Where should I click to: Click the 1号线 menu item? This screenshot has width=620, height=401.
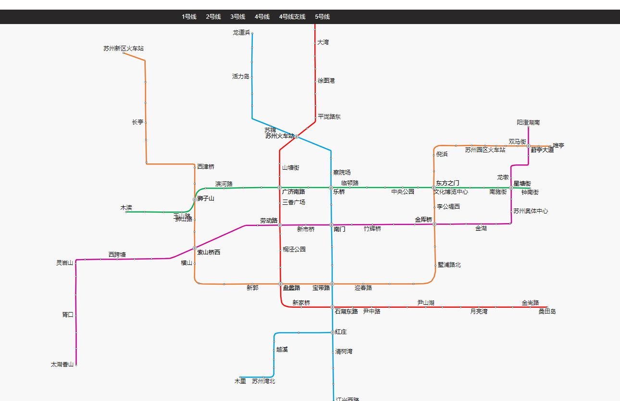[189, 17]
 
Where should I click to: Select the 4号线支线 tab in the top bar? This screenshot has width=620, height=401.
[292, 17]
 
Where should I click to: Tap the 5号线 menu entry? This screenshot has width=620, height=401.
[322, 17]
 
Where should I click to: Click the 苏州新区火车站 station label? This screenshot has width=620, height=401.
[123, 49]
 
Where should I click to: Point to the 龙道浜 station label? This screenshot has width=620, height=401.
[241, 33]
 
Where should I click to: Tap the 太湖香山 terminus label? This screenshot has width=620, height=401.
[62, 364]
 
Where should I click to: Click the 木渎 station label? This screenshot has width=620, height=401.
[126, 208]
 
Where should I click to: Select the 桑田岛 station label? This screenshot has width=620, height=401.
[547, 312]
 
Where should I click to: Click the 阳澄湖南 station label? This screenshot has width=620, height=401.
[528, 123]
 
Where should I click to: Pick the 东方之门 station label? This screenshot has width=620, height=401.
[447, 183]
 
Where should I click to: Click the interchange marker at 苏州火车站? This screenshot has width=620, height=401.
[297, 137]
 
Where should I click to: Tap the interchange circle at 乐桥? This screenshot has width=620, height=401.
[331, 188]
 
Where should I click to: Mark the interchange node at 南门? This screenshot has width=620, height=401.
[331, 225]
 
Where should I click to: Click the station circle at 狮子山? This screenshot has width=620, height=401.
[195, 199]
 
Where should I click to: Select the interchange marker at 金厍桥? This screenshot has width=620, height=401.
[434, 224]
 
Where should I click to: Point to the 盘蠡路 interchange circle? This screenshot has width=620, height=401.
[280, 284]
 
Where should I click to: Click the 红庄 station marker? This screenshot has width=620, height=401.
[332, 332]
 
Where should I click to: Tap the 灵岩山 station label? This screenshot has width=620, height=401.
[65, 263]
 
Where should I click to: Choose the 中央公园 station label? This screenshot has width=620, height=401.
[403, 192]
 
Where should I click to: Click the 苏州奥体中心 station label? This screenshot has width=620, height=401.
[531, 211]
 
